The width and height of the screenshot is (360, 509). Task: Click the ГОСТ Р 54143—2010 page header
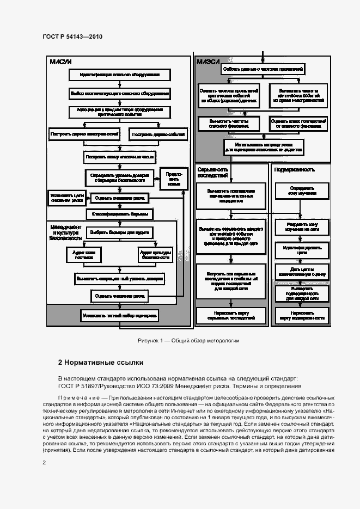click(x=72, y=36)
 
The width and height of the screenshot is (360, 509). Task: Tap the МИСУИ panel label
click(x=61, y=62)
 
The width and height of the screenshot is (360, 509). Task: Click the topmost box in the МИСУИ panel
click(x=119, y=75)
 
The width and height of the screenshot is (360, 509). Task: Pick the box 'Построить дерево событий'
click(x=158, y=134)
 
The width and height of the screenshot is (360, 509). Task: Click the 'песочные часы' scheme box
click(x=119, y=157)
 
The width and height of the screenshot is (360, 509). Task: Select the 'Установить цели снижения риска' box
click(x=66, y=198)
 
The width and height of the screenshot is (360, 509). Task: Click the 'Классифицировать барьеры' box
click(x=119, y=214)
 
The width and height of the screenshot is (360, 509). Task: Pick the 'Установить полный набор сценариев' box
click(x=119, y=315)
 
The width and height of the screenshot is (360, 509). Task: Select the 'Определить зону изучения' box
click(x=301, y=191)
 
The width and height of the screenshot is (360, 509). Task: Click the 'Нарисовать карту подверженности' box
click(x=301, y=316)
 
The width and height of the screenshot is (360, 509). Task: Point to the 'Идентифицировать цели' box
click(x=301, y=250)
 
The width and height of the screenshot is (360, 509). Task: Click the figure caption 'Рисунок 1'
click(x=188, y=341)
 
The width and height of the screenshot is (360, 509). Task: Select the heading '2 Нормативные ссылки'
click(x=101, y=362)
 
